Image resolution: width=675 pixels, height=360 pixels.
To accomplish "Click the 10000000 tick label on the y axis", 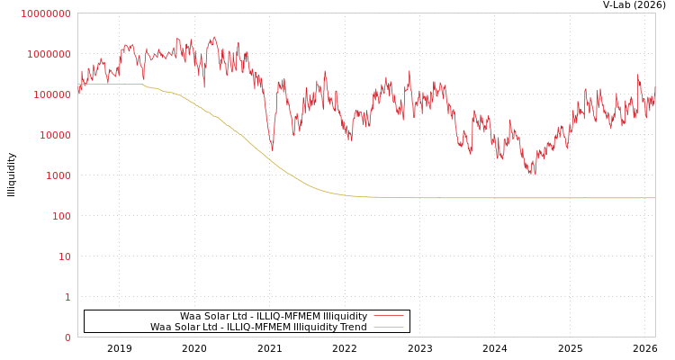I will click(45, 13).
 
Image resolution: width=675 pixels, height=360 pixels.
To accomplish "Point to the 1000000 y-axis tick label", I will click(48, 54).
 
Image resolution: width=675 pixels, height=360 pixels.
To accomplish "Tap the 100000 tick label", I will click(50, 94).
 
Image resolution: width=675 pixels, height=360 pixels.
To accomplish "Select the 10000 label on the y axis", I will click(53, 135).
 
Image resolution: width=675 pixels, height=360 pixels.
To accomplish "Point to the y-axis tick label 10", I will click(65, 256).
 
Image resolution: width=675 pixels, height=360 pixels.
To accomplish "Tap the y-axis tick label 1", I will click(67, 297).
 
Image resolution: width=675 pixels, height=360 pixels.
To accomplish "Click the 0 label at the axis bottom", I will click(67, 337).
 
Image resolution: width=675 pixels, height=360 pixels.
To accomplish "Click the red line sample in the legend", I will click(388, 316).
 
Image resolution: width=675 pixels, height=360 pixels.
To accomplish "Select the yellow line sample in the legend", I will click(388, 327).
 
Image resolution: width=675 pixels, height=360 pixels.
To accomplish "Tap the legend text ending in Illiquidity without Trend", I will click(274, 316).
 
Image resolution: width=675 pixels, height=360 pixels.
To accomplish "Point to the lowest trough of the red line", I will click(533, 173).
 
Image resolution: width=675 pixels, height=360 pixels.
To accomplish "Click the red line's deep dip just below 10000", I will click(272, 149).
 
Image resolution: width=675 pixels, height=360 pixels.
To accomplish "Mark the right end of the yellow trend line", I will click(654, 198).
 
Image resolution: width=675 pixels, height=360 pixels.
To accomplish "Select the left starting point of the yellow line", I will click(78, 84).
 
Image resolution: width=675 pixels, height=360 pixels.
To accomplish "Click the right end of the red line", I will click(654, 90).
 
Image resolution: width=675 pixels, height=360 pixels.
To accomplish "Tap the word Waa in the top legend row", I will click(190, 316).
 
